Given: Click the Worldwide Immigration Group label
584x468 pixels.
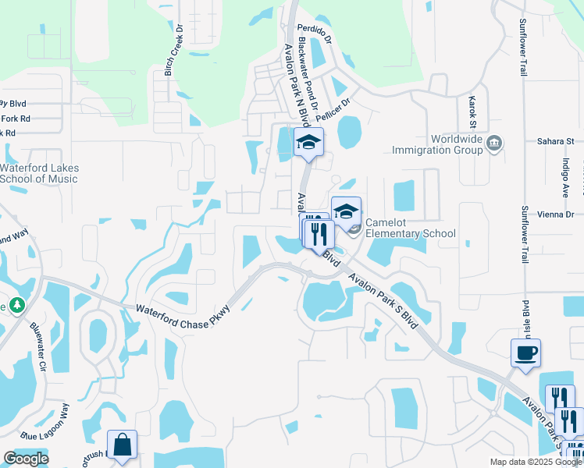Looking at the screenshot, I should click(437, 144).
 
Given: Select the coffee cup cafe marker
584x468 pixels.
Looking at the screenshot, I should click(525, 353).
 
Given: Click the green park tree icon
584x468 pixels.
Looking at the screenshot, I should click(16, 304).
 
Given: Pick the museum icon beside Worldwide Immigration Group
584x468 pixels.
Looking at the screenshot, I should click(493, 144).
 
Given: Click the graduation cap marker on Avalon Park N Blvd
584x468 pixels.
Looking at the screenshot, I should click(308, 142).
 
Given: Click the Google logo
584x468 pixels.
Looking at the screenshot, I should click(26, 459).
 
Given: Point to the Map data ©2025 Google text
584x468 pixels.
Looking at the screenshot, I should click(535, 462).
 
